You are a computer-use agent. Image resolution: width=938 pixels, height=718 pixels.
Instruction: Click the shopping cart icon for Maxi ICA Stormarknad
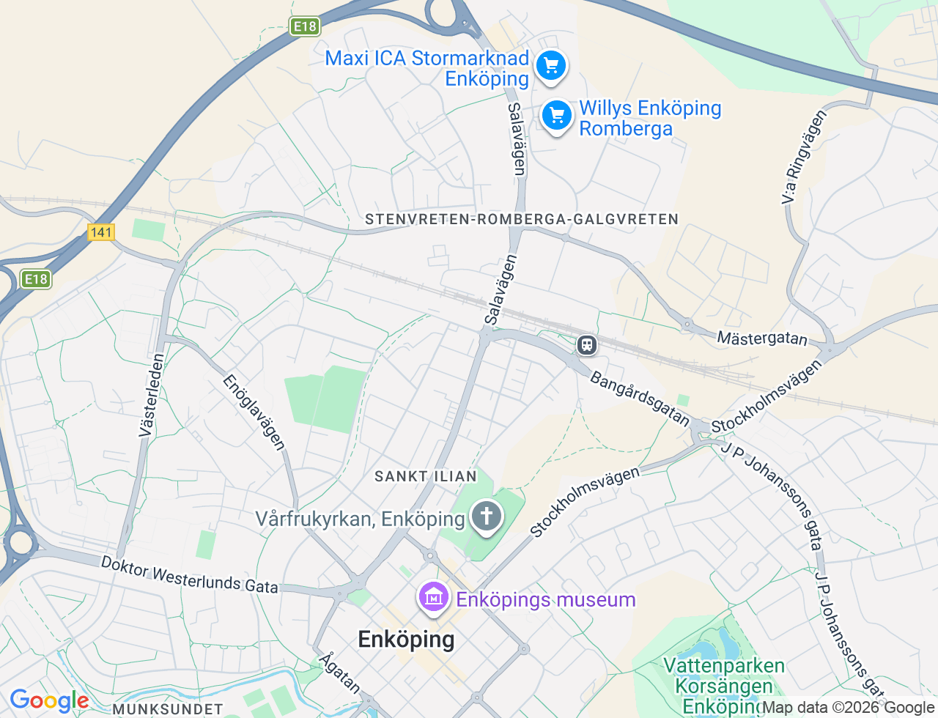click(551, 66)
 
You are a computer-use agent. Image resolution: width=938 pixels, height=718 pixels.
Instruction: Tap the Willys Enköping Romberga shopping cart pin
click(557, 116)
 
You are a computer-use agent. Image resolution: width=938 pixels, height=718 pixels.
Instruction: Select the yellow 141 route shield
click(100, 232)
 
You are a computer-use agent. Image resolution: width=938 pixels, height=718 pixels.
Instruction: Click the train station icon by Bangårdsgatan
click(586, 344)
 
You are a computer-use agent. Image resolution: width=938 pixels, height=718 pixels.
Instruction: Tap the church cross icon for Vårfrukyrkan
click(486, 516)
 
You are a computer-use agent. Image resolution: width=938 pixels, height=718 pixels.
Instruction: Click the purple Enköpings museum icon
click(434, 598)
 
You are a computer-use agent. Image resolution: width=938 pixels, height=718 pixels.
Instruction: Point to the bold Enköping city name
click(406, 640)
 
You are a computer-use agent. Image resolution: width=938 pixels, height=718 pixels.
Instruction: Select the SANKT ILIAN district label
click(426, 476)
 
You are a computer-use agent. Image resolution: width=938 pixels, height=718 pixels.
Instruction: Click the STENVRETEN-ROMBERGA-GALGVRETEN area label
click(522, 219)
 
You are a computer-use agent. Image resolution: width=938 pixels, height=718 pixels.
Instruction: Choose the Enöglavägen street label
click(254, 412)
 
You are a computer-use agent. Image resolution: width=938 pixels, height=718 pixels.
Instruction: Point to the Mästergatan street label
click(762, 338)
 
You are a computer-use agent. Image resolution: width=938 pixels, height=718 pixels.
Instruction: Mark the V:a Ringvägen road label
click(803, 157)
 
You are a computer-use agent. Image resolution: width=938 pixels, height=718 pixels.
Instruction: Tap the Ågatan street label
click(340, 673)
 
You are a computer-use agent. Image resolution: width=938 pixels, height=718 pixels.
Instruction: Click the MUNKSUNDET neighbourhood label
click(168, 709)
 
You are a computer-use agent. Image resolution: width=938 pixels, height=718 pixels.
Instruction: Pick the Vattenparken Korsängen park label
click(723, 686)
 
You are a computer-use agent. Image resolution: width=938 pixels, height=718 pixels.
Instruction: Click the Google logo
click(49, 701)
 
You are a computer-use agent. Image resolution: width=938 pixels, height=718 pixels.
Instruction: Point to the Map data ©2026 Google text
click(849, 708)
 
